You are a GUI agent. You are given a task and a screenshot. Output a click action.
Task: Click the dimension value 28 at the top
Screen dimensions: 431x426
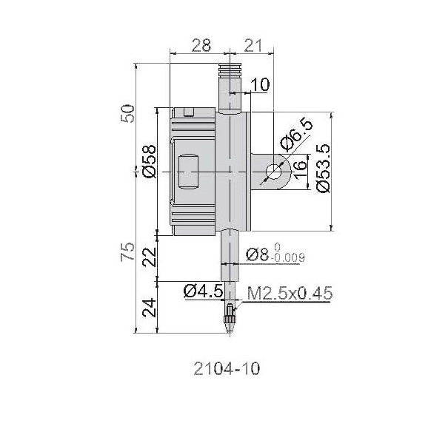pos(201,45)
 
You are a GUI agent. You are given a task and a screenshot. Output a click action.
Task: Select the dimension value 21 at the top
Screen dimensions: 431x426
pos(253,45)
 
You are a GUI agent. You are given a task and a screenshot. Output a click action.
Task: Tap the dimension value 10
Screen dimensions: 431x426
pos(261,84)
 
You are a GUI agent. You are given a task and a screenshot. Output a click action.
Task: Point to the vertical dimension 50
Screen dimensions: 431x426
pos(128,113)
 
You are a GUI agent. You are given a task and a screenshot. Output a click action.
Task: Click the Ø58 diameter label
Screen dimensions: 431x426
pos(150,161)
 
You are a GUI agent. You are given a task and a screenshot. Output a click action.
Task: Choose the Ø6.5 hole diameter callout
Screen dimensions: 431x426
pos(296,134)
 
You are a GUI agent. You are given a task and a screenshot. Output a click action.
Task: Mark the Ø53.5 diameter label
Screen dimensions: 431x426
pos(323,168)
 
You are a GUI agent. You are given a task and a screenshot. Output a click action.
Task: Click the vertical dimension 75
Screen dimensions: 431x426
pos(128,251)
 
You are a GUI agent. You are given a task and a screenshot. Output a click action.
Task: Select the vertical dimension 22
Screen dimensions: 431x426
pos(150,257)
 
